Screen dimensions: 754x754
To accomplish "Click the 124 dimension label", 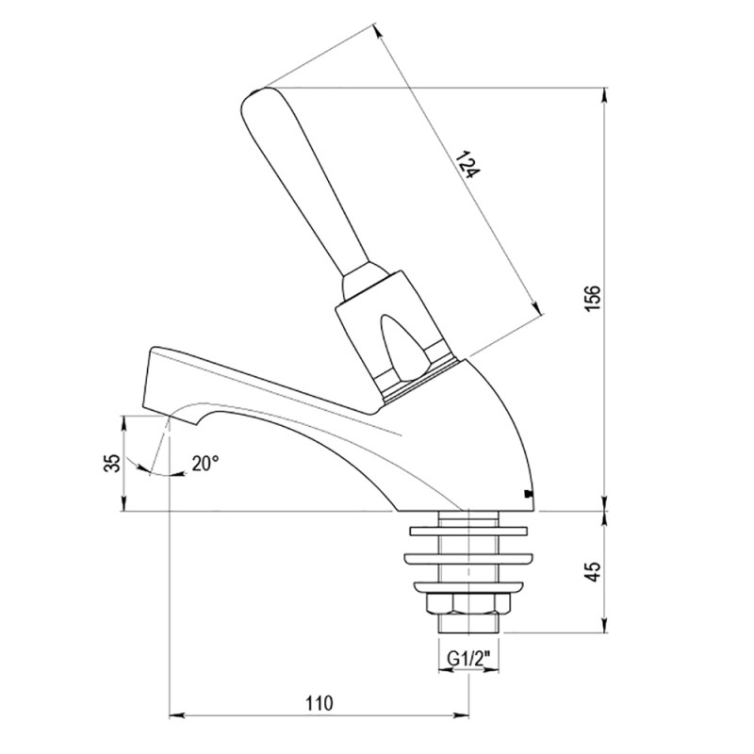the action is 467,164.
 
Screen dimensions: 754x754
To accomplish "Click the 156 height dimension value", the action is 595,298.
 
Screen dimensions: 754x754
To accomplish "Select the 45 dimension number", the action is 595,572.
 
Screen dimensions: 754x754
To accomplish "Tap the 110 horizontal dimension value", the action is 320,703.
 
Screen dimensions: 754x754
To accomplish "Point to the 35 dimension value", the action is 112,463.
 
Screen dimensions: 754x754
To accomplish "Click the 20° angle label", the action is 205,463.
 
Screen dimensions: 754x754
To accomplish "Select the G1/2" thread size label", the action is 468,658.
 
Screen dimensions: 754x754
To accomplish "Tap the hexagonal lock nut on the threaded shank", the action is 468,604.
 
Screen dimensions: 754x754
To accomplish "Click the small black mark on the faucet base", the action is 528,493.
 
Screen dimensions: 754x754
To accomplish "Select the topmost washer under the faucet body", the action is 468,531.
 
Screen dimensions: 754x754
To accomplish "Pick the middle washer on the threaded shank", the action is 468,558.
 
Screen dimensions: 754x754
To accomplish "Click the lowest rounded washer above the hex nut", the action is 468,586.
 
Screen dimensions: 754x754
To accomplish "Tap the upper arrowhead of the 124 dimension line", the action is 378,31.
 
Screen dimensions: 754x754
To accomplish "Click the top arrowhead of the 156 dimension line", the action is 604,95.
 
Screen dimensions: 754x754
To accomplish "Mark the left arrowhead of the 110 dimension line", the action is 177,715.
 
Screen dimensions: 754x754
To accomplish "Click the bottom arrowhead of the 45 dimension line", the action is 604,625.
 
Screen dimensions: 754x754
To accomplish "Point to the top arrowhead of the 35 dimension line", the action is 124,423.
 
